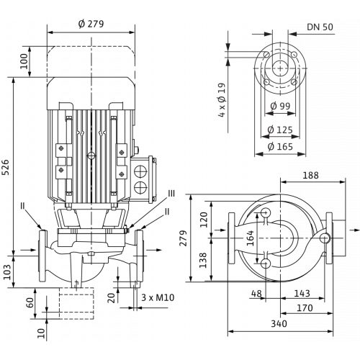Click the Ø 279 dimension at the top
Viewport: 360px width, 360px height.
pyautogui.click(x=91, y=24)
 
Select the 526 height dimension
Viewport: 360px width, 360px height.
pyautogui.click(x=6, y=167)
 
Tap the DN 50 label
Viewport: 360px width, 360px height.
pyautogui.click(x=320, y=27)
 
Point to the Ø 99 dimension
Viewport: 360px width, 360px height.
pyautogui.click(x=280, y=106)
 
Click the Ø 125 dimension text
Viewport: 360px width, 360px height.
pyautogui.click(x=280, y=130)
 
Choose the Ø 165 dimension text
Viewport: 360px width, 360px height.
pyautogui.click(x=280, y=146)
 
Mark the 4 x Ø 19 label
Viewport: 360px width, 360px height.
pyautogui.click(x=222, y=100)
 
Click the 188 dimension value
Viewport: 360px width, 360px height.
pyautogui.click(x=310, y=176)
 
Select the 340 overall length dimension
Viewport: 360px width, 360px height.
pyautogui.click(x=279, y=324)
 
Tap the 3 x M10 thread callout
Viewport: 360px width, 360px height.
pyautogui.click(x=158, y=297)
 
